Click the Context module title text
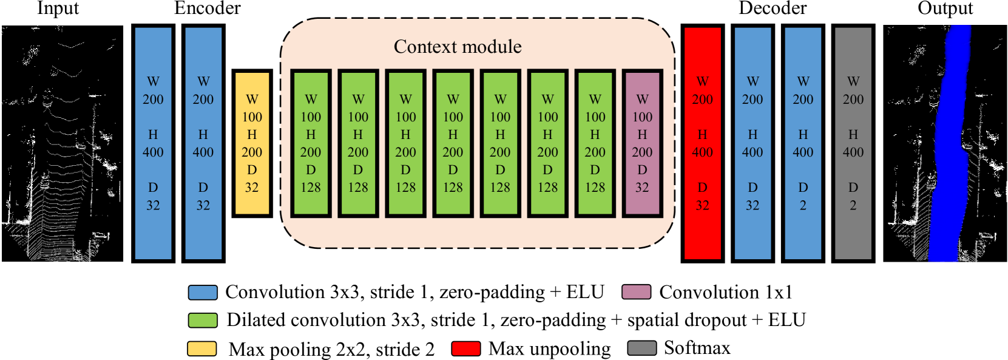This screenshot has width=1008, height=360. tap(458, 47)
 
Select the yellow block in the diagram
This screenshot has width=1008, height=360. tap(252, 143)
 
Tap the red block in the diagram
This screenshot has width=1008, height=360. tap(702, 143)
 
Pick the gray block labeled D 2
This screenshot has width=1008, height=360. tap(853, 143)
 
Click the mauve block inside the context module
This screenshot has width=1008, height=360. tap(642, 143)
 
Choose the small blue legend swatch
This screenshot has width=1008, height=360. tap(203, 293)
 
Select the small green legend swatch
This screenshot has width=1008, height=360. tap(203, 321)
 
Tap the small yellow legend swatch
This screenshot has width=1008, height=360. tap(201, 348)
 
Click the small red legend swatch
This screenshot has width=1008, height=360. tap(466, 348)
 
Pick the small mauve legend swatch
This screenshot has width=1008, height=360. tap(636, 292)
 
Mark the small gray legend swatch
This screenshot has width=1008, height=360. tap(641, 348)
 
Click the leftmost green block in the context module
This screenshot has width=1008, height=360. tap(311, 143)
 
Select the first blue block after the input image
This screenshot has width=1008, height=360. tap(153, 143)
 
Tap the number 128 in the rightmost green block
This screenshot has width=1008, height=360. tap(595, 188)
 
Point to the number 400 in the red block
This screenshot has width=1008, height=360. tap(702, 152)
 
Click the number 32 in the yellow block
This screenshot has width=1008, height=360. tap(252, 188)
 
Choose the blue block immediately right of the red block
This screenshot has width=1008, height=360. tap(753, 143)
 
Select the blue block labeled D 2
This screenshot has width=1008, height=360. tap(802, 143)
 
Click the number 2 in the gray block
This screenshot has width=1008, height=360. tap(853, 206)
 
